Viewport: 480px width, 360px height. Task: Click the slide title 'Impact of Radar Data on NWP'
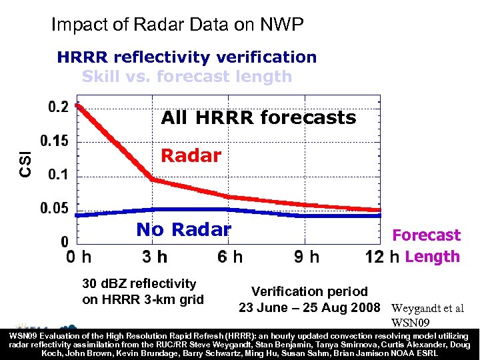[177, 25]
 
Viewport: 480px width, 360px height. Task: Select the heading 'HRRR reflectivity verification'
[187, 57]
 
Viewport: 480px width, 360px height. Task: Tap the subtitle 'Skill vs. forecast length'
[187, 76]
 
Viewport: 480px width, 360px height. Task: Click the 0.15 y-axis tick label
[55, 141]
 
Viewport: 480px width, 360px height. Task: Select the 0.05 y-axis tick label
[55, 209]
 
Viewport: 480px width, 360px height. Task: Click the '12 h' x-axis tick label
[383, 257]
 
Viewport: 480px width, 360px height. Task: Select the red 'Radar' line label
[191, 156]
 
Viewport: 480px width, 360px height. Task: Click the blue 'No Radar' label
[183, 229]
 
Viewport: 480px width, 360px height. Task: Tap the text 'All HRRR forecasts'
[259, 118]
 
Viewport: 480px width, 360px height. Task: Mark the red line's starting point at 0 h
[79, 105]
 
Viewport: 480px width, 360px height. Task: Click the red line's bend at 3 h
[153, 179]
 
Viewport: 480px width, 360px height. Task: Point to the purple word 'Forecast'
[426, 235]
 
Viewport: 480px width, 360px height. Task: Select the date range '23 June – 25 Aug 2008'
[309, 308]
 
